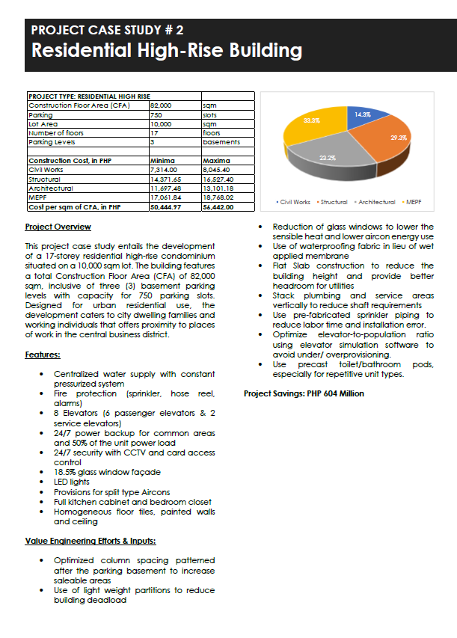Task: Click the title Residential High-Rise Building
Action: [x=166, y=51]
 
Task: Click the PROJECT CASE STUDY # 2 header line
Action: [x=107, y=31]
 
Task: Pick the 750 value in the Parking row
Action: [x=156, y=115]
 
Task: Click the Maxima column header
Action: [x=216, y=161]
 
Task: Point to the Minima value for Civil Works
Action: [x=163, y=170]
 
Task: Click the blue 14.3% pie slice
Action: [x=364, y=118]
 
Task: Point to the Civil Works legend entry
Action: [x=294, y=202]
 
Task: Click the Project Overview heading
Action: [x=58, y=227]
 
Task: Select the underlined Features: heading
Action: [x=43, y=355]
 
